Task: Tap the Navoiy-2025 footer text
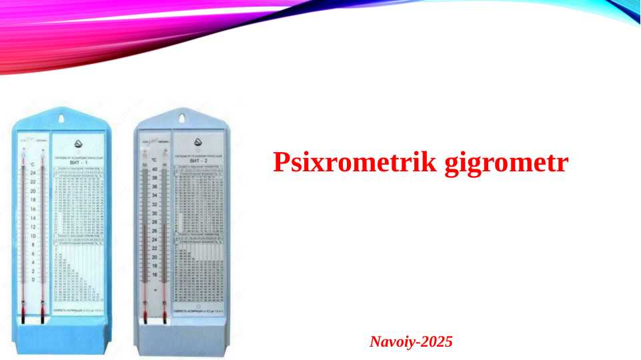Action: click(411, 343)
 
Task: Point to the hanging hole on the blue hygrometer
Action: click(63, 119)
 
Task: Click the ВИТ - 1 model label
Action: click(78, 163)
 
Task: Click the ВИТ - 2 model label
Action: click(199, 161)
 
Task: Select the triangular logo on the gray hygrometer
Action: click(199, 142)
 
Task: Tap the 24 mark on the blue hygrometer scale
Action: click(33, 173)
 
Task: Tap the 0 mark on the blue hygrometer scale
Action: click(33, 280)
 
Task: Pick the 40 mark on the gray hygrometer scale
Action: click(155, 169)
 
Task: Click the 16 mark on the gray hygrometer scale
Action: click(155, 274)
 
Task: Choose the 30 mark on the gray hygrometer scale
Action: click(155, 213)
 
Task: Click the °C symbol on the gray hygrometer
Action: click(154, 161)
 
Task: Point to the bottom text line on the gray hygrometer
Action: click(198, 311)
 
